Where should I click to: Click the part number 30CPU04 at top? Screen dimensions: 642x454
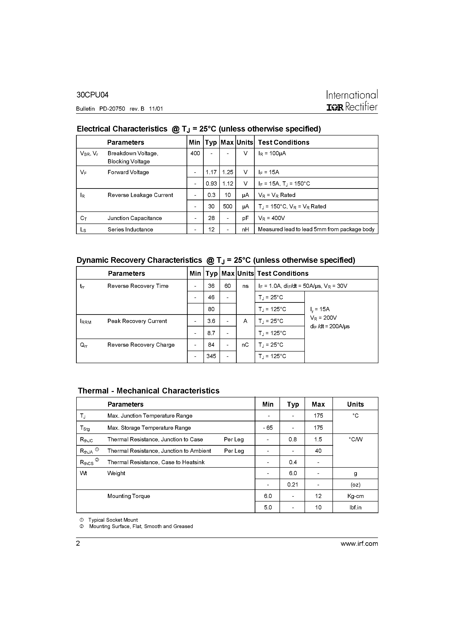(x=92, y=95)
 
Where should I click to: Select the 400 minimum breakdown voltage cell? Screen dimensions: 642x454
(x=195, y=153)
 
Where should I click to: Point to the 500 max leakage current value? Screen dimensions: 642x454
(x=228, y=206)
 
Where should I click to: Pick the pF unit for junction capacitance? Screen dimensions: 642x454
(x=245, y=218)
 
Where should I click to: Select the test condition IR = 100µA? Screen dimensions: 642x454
(x=272, y=153)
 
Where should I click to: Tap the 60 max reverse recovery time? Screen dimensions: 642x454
(x=228, y=286)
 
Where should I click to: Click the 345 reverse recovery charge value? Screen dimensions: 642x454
(x=211, y=356)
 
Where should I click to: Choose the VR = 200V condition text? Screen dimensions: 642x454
(x=323, y=318)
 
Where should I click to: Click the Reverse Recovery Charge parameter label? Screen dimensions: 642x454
(x=141, y=345)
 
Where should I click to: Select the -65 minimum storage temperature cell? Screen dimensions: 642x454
(x=268, y=427)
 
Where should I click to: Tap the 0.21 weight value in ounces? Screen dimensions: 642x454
(x=292, y=485)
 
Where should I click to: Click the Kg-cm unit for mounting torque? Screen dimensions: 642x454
(x=355, y=496)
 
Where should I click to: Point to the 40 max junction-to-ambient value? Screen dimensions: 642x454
(x=318, y=451)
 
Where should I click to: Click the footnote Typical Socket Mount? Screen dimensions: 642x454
(x=113, y=520)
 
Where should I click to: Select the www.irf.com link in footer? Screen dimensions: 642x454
(x=359, y=544)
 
